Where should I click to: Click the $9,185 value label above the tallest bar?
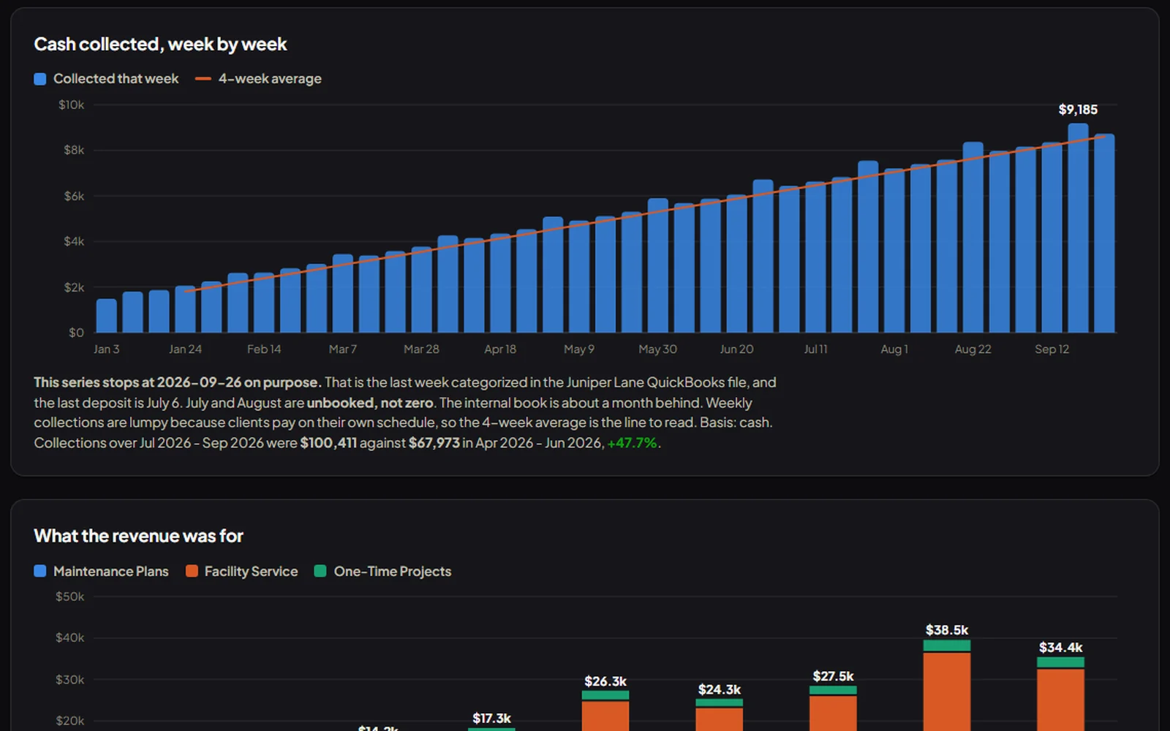[1078, 110]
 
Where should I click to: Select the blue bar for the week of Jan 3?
[107, 315]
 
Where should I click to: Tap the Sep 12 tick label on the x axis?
[1052, 349]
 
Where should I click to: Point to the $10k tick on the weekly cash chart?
[71, 105]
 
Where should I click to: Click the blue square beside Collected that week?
[40, 79]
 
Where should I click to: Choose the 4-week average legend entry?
[258, 79]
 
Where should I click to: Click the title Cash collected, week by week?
[160, 45]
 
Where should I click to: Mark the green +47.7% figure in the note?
[632, 443]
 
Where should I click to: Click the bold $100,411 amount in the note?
[328, 443]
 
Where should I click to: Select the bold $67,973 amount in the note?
[434, 443]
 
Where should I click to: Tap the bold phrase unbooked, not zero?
[370, 403]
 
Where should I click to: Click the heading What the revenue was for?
[138, 537]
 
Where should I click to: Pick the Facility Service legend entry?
[242, 571]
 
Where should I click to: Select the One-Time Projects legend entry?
[383, 571]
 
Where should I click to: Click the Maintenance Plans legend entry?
[102, 571]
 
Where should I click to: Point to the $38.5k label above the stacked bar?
[947, 630]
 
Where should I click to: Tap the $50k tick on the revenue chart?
[70, 596]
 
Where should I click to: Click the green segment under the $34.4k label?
[1061, 662]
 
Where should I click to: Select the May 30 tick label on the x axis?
[657, 349]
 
